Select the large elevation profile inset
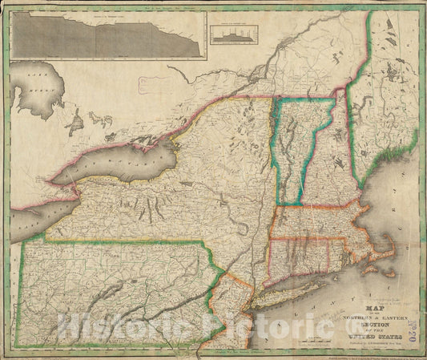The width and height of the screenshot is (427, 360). [106, 34]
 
